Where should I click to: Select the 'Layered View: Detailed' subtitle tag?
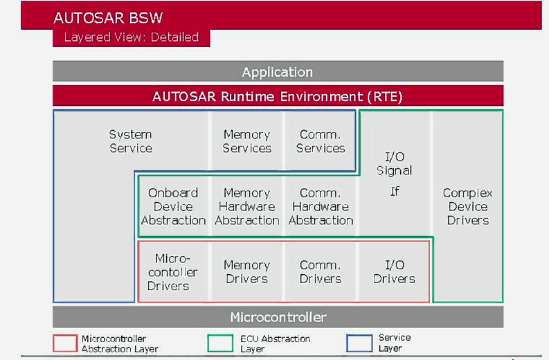click(131, 37)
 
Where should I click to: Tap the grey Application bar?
click(278, 72)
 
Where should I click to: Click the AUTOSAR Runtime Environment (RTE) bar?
click(278, 96)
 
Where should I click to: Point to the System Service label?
click(130, 141)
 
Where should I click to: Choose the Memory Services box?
click(246, 141)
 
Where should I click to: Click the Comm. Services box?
click(320, 141)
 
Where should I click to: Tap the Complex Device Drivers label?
click(467, 206)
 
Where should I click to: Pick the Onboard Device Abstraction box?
click(173, 206)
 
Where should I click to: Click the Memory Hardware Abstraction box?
click(246, 206)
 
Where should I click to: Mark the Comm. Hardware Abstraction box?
click(321, 206)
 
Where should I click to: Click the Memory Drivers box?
click(246, 272)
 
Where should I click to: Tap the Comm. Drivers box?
click(321, 272)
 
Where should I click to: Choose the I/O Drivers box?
click(394, 272)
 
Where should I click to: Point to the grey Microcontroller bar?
click(278, 318)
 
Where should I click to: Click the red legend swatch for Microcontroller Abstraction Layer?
click(64, 343)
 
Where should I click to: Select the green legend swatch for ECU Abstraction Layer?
click(219, 343)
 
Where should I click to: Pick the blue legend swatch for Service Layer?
click(359, 343)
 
